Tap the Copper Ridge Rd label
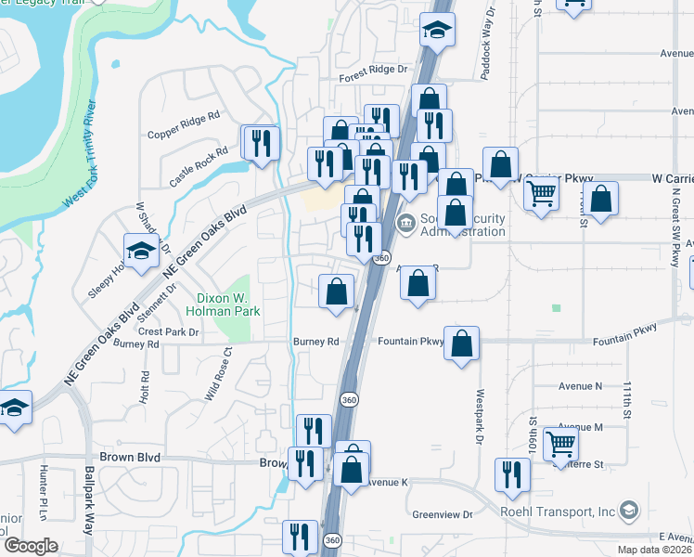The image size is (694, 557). (183, 127)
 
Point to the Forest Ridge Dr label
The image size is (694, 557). (373, 70)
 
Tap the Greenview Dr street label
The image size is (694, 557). (443, 514)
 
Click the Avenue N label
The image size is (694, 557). (580, 385)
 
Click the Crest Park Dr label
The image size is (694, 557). (168, 332)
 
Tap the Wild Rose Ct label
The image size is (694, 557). (218, 374)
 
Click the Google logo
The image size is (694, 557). (31, 546)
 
